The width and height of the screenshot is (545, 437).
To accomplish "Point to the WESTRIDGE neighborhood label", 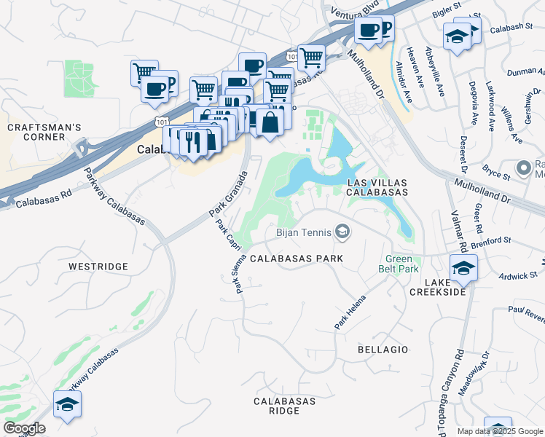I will tap(98, 267).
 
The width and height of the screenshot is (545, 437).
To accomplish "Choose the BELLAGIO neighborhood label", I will tap(383, 350).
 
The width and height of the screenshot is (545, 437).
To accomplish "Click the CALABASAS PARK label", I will tap(297, 259).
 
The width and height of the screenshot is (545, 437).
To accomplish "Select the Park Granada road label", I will tap(229, 194).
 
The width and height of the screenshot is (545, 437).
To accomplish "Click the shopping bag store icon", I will tap(270, 122).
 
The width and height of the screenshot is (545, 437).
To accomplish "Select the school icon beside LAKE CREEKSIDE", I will tap(463, 268).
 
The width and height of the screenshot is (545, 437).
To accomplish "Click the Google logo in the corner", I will tap(24, 428).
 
